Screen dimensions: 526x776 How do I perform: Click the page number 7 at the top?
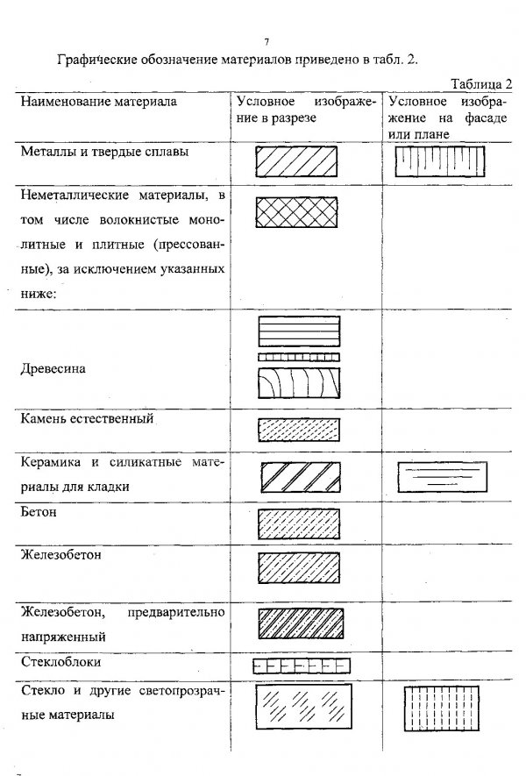267,42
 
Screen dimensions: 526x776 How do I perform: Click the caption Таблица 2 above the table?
481,84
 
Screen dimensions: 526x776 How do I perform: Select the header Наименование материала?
98,102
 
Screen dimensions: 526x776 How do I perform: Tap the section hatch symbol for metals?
296,160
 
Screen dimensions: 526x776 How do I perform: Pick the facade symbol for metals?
440,160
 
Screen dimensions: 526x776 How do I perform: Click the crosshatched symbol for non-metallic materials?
296,212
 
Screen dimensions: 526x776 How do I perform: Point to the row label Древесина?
53,368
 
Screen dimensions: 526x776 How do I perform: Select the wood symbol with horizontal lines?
299,331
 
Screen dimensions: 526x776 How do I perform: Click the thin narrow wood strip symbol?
299,357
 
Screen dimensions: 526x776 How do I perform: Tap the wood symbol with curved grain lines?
299,383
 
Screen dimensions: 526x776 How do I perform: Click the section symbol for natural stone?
299,430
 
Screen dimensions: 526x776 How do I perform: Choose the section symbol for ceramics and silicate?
301,477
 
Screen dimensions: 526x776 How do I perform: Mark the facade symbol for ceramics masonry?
443,477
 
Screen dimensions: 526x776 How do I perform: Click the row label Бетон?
39,512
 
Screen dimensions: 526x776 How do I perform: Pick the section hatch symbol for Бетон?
299,524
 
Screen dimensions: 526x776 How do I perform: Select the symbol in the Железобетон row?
299,567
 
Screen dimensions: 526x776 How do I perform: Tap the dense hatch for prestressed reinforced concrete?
301,623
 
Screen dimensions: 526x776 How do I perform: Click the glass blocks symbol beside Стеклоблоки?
302,666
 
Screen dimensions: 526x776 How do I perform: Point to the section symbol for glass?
304,706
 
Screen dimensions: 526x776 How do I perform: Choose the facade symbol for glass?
441,708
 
